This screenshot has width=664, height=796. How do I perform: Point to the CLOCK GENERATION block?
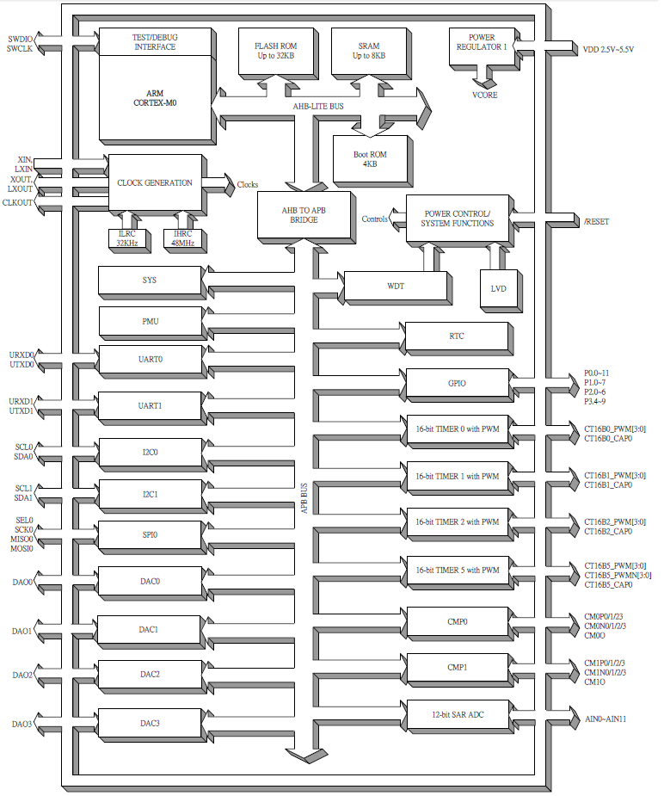pyautogui.click(x=155, y=182)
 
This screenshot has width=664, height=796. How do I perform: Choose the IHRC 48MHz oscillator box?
pyautogui.click(x=182, y=238)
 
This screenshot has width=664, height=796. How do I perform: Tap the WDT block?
pyautogui.click(x=396, y=285)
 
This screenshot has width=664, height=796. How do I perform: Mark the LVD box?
pyautogui.click(x=499, y=288)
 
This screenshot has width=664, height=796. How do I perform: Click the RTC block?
pyautogui.click(x=457, y=336)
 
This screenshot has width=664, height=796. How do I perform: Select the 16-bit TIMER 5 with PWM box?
pyautogui.click(x=457, y=570)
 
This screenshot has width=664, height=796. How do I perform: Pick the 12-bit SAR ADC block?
pyautogui.click(x=457, y=714)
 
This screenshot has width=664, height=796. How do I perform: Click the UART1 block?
pyautogui.click(x=150, y=405)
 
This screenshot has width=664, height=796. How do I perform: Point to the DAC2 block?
pyautogui.click(x=150, y=674)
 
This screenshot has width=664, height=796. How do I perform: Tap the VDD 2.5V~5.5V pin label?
pyautogui.click(x=608, y=50)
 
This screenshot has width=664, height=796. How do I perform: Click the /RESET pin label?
pyautogui.click(x=596, y=221)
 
